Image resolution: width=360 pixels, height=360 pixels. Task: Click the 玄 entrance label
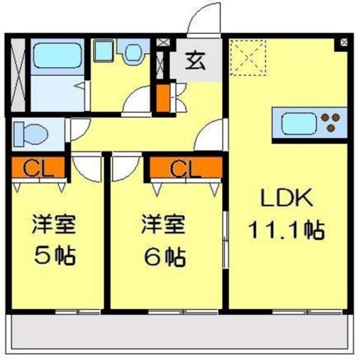pos(195,61)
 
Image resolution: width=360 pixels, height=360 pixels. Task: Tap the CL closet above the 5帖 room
pos(39,168)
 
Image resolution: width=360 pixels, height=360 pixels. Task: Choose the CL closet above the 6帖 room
pos(185,168)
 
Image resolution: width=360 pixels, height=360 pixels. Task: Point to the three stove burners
pos(331,122)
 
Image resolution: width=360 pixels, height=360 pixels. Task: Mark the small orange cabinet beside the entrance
pos(162,98)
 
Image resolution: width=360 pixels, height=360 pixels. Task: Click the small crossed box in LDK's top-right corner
pos(343,42)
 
